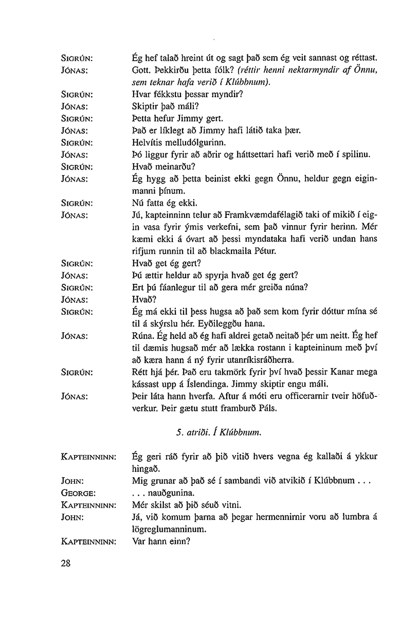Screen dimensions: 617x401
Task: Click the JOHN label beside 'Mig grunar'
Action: click(72, 480)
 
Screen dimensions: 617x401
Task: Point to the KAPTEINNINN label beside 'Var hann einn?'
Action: click(88, 541)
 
